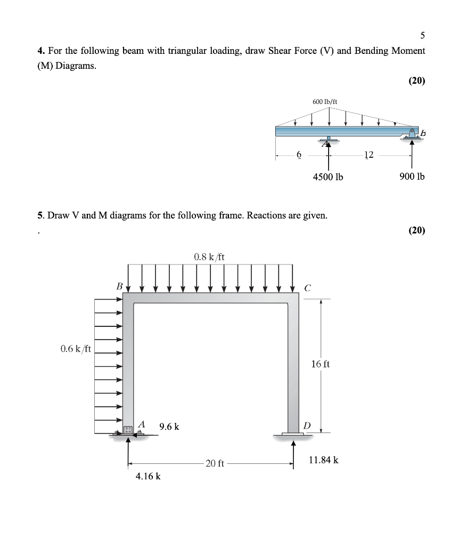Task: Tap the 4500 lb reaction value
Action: pyautogui.click(x=328, y=176)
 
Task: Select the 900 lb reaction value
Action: pyautogui.click(x=412, y=176)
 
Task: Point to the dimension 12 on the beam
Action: pyautogui.click(x=369, y=155)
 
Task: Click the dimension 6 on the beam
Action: pyautogui.click(x=299, y=155)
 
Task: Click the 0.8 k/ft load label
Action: pyautogui.click(x=209, y=256)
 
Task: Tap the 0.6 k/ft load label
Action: pyautogui.click(x=76, y=349)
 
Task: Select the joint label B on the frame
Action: pyautogui.click(x=120, y=287)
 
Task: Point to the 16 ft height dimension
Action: pyautogui.click(x=320, y=364)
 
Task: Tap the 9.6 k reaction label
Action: pyautogui.click(x=169, y=427)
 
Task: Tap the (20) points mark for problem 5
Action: pyautogui.click(x=416, y=230)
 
